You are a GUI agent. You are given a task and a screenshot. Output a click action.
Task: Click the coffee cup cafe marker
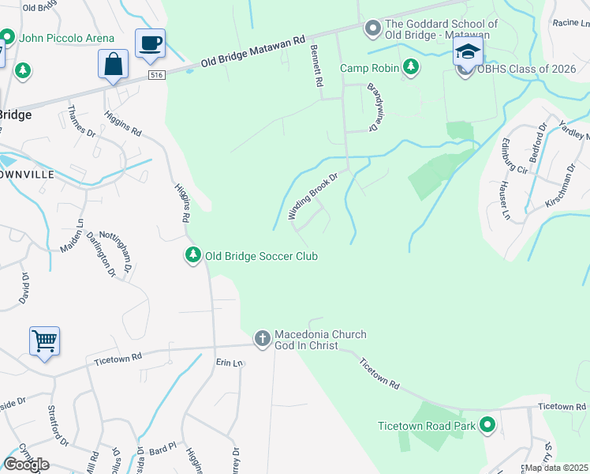click(150, 43)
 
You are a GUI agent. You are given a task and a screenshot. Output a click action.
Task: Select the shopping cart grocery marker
click(45, 341)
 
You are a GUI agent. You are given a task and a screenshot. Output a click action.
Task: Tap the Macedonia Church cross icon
click(262, 339)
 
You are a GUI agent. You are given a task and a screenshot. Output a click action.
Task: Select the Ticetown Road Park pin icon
click(487, 426)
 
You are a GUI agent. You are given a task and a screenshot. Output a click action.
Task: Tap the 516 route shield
click(158, 74)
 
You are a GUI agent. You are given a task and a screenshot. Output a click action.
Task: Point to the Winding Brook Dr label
click(312, 197)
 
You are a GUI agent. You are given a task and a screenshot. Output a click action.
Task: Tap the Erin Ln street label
click(230, 363)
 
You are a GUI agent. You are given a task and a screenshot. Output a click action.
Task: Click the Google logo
click(26, 465)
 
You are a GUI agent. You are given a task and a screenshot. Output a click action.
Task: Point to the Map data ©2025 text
click(555, 468)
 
